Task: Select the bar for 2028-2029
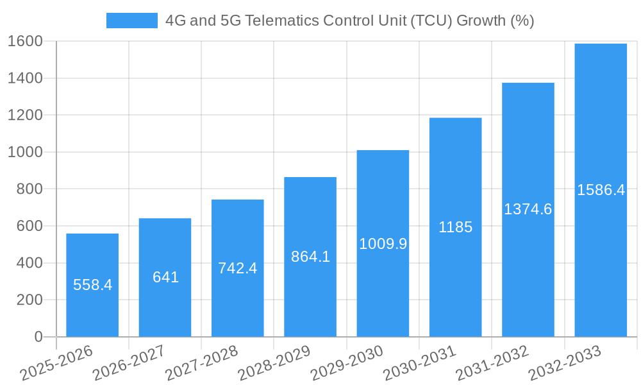pyautogui.click(x=310, y=295)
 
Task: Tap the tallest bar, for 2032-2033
pyautogui.click(x=601, y=257)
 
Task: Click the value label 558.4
pyautogui.click(x=92, y=285)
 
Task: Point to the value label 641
pyautogui.click(x=165, y=277)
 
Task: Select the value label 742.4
pyautogui.click(x=237, y=268)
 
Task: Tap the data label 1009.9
pyautogui.click(x=383, y=244)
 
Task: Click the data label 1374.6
pyautogui.click(x=528, y=209)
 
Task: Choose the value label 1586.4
pyautogui.click(x=601, y=190)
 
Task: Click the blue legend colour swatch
pyautogui.click(x=131, y=21)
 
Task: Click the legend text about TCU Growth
pyautogui.click(x=349, y=21)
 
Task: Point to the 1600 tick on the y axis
pyautogui.click(x=25, y=42)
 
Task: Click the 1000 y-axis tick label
pyautogui.click(x=25, y=152)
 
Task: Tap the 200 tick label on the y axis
pyautogui.click(x=29, y=300)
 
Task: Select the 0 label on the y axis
pyautogui.click(x=38, y=337)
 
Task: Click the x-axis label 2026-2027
pyautogui.click(x=129, y=363)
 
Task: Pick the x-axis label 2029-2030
pyautogui.click(x=347, y=363)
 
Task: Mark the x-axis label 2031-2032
pyautogui.click(x=492, y=363)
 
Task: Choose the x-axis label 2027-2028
pyautogui.click(x=201, y=363)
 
